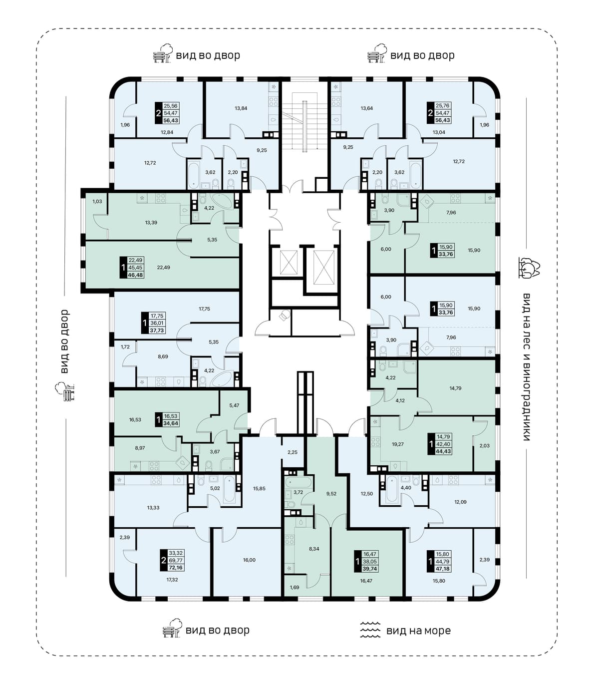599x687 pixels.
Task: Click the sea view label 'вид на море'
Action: (418, 631)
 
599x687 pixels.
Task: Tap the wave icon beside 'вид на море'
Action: (370, 630)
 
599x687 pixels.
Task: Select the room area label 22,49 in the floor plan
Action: (163, 267)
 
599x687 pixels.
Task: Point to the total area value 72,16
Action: (175, 568)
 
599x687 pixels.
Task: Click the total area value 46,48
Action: (136, 275)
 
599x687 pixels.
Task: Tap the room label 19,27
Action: (398, 444)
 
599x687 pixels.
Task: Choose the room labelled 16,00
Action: (249, 560)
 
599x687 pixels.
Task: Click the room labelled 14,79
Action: (455, 388)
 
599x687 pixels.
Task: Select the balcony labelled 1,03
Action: (97, 202)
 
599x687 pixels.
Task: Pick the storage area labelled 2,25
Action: (293, 452)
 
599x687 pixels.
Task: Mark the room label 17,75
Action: (204, 309)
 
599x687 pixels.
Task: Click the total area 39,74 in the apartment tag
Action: (369, 569)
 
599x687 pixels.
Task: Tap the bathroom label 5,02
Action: (215, 488)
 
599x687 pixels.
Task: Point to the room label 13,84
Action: (241, 108)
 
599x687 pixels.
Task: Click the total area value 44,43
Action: (443, 451)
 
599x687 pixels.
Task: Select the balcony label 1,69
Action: (295, 587)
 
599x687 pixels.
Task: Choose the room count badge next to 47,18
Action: (431, 561)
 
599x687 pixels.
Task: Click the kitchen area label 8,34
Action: (314, 549)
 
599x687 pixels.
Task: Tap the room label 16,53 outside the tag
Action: (135, 419)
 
